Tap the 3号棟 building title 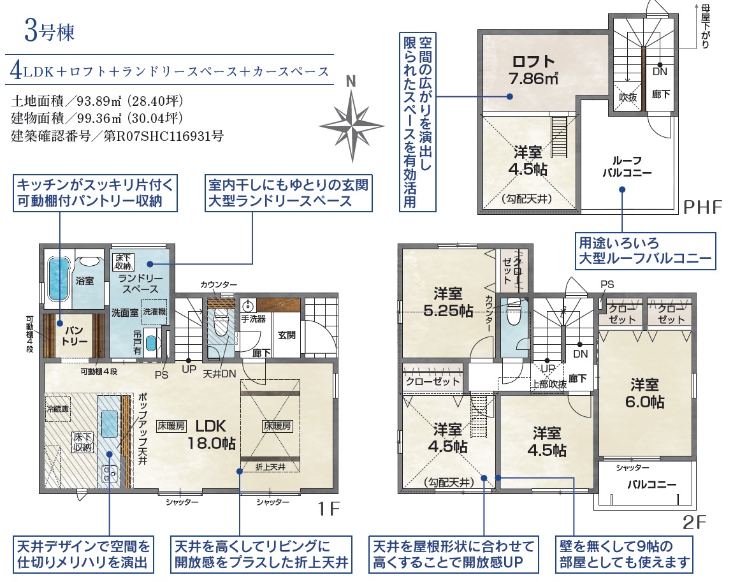click(50, 31)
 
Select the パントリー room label click(74, 335)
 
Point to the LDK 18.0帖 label click(211, 435)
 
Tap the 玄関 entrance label click(287, 335)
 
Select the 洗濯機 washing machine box click(154, 312)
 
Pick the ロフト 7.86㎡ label click(533, 70)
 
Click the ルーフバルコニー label click(627, 166)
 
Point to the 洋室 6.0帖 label click(644, 393)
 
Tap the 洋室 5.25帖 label click(448, 302)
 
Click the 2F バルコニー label click(652, 484)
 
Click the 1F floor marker click(328, 508)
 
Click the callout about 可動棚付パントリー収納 click(95, 193)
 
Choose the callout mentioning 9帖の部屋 click(625, 555)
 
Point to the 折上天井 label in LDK click(270, 467)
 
